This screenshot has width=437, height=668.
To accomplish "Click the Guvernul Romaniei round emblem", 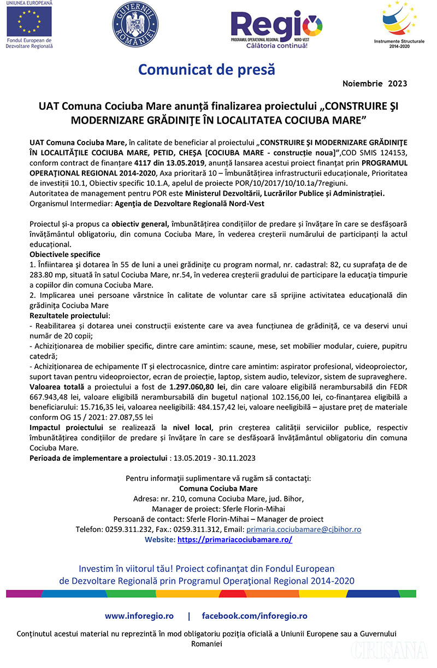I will [x=135, y=25].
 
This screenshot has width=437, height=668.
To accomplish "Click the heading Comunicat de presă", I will [x=206, y=70].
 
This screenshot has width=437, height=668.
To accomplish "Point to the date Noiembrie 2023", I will [x=374, y=84].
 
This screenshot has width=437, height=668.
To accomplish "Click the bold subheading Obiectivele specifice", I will [x=65, y=254].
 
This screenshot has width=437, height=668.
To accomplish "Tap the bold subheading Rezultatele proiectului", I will [x=69, y=315].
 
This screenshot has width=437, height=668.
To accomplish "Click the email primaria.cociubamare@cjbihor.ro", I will [x=304, y=529].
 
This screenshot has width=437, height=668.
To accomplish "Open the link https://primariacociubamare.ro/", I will [x=235, y=540].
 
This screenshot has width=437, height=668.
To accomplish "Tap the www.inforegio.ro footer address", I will [x=139, y=616].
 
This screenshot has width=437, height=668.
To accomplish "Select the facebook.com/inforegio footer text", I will [x=255, y=616].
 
